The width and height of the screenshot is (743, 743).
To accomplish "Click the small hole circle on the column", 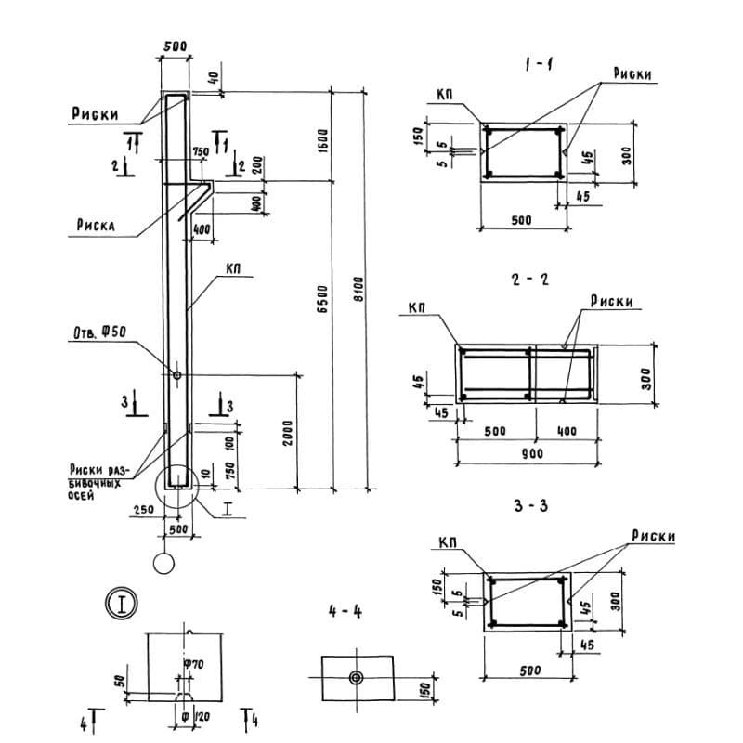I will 176,375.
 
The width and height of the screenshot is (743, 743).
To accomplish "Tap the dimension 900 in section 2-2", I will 531,454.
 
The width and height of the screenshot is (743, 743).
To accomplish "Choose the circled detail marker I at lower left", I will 121,603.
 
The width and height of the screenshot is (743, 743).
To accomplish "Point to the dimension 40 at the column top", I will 215,81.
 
